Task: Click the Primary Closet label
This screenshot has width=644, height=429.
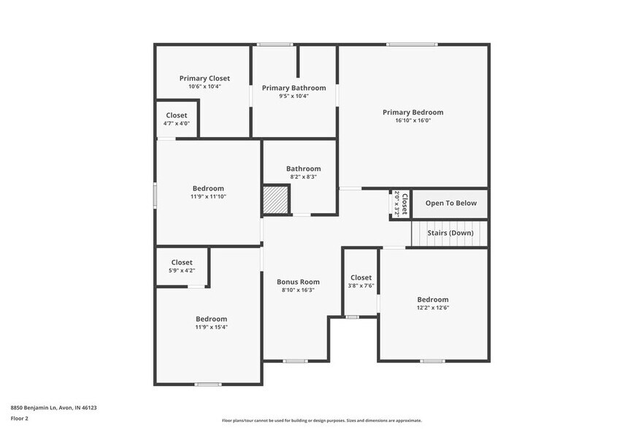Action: tap(204, 78)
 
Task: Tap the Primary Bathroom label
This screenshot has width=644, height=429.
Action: tap(294, 88)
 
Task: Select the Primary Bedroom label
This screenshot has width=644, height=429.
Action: tap(413, 112)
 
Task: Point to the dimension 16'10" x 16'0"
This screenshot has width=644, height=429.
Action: tap(413, 120)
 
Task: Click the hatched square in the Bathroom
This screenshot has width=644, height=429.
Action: tap(277, 198)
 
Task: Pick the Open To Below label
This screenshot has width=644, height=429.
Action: tap(451, 203)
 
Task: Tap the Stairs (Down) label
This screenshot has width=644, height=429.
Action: tap(451, 233)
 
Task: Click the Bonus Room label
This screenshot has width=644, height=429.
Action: tap(298, 282)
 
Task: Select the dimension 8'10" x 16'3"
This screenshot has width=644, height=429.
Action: tap(298, 290)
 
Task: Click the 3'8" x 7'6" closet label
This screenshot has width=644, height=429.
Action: tap(361, 277)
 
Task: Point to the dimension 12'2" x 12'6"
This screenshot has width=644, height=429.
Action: tap(432, 307)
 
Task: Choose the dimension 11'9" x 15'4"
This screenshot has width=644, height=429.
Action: tap(211, 327)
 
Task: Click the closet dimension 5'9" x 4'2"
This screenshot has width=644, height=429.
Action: tap(182, 271)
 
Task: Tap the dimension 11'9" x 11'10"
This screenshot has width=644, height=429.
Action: tap(208, 196)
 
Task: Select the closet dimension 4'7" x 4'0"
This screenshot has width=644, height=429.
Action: tap(176, 123)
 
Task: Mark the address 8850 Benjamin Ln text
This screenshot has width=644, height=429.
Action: tap(53, 408)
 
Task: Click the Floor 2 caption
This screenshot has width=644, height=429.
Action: tap(19, 418)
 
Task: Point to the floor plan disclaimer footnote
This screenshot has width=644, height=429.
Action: tap(321, 420)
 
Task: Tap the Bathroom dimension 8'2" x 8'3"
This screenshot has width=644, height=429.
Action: tap(303, 177)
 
